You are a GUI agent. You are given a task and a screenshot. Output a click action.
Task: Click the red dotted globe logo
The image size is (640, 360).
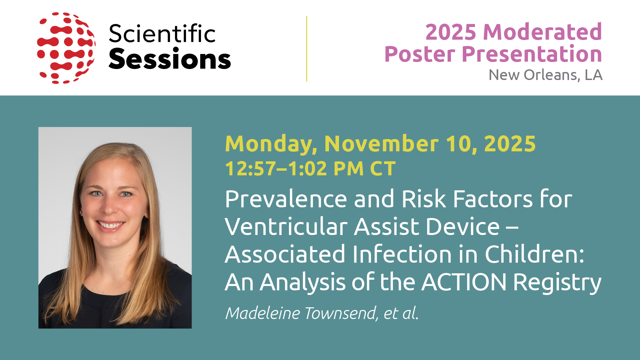pyautogui.click(x=66, y=48)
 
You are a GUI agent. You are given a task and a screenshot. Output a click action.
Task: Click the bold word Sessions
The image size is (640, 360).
pyautogui.click(x=170, y=59)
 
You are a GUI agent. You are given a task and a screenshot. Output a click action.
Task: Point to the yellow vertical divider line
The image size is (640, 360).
pyautogui.click(x=306, y=49)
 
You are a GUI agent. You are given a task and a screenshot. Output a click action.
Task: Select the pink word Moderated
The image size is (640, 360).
pyautogui.click(x=542, y=32)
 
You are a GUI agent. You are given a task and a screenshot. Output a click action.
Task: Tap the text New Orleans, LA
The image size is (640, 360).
pyautogui.click(x=545, y=75)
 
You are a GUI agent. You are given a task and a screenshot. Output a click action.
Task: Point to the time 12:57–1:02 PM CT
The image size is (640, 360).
pyautogui.click(x=310, y=168)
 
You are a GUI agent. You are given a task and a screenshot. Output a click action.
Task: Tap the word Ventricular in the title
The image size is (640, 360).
pyautogui.click(x=286, y=227)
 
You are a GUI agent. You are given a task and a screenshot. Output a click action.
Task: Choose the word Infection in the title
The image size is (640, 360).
pyautogui.click(x=402, y=254)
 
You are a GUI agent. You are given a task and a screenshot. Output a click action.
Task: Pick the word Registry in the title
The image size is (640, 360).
pyautogui.click(x=557, y=283)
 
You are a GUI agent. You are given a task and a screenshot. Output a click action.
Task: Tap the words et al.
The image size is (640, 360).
pyautogui.click(x=401, y=313)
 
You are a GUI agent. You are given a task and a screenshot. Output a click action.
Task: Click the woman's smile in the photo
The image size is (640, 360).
pyautogui.click(x=111, y=225)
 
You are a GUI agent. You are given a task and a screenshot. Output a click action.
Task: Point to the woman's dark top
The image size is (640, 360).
pyautogui.click(x=115, y=300)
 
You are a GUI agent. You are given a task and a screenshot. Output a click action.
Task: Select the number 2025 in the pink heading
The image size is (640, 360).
pyautogui.click(x=451, y=32)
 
